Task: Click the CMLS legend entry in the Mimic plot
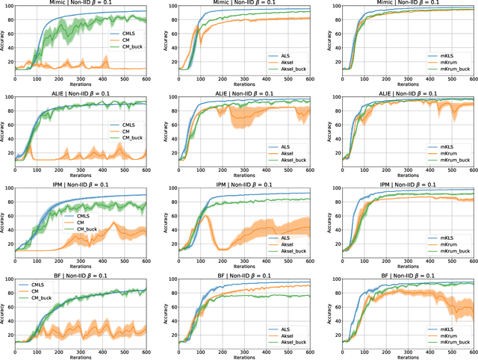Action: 126,34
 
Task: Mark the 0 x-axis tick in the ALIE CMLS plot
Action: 15,170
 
